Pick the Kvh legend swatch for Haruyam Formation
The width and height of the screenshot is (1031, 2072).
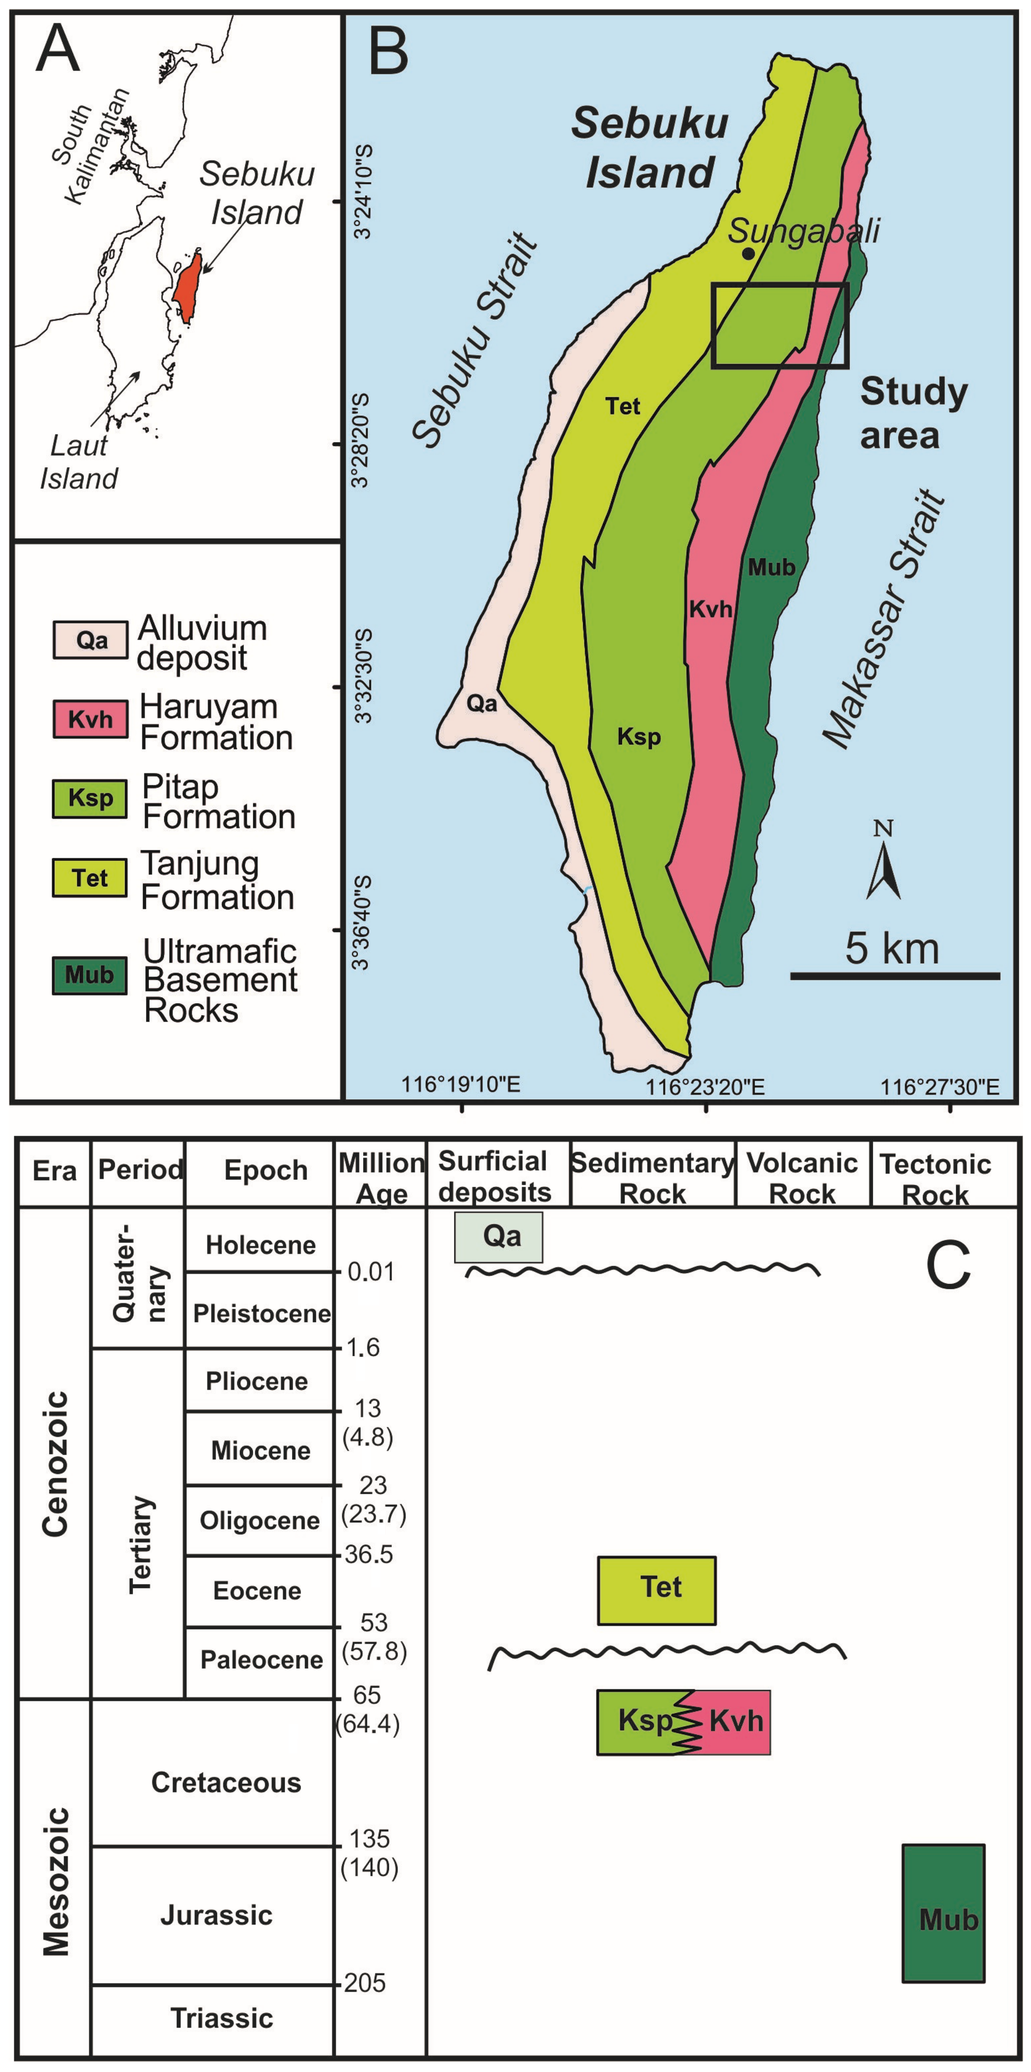tap(90, 718)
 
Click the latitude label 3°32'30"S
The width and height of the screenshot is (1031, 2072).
tap(363, 688)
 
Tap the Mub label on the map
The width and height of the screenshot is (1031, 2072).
tap(771, 567)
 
